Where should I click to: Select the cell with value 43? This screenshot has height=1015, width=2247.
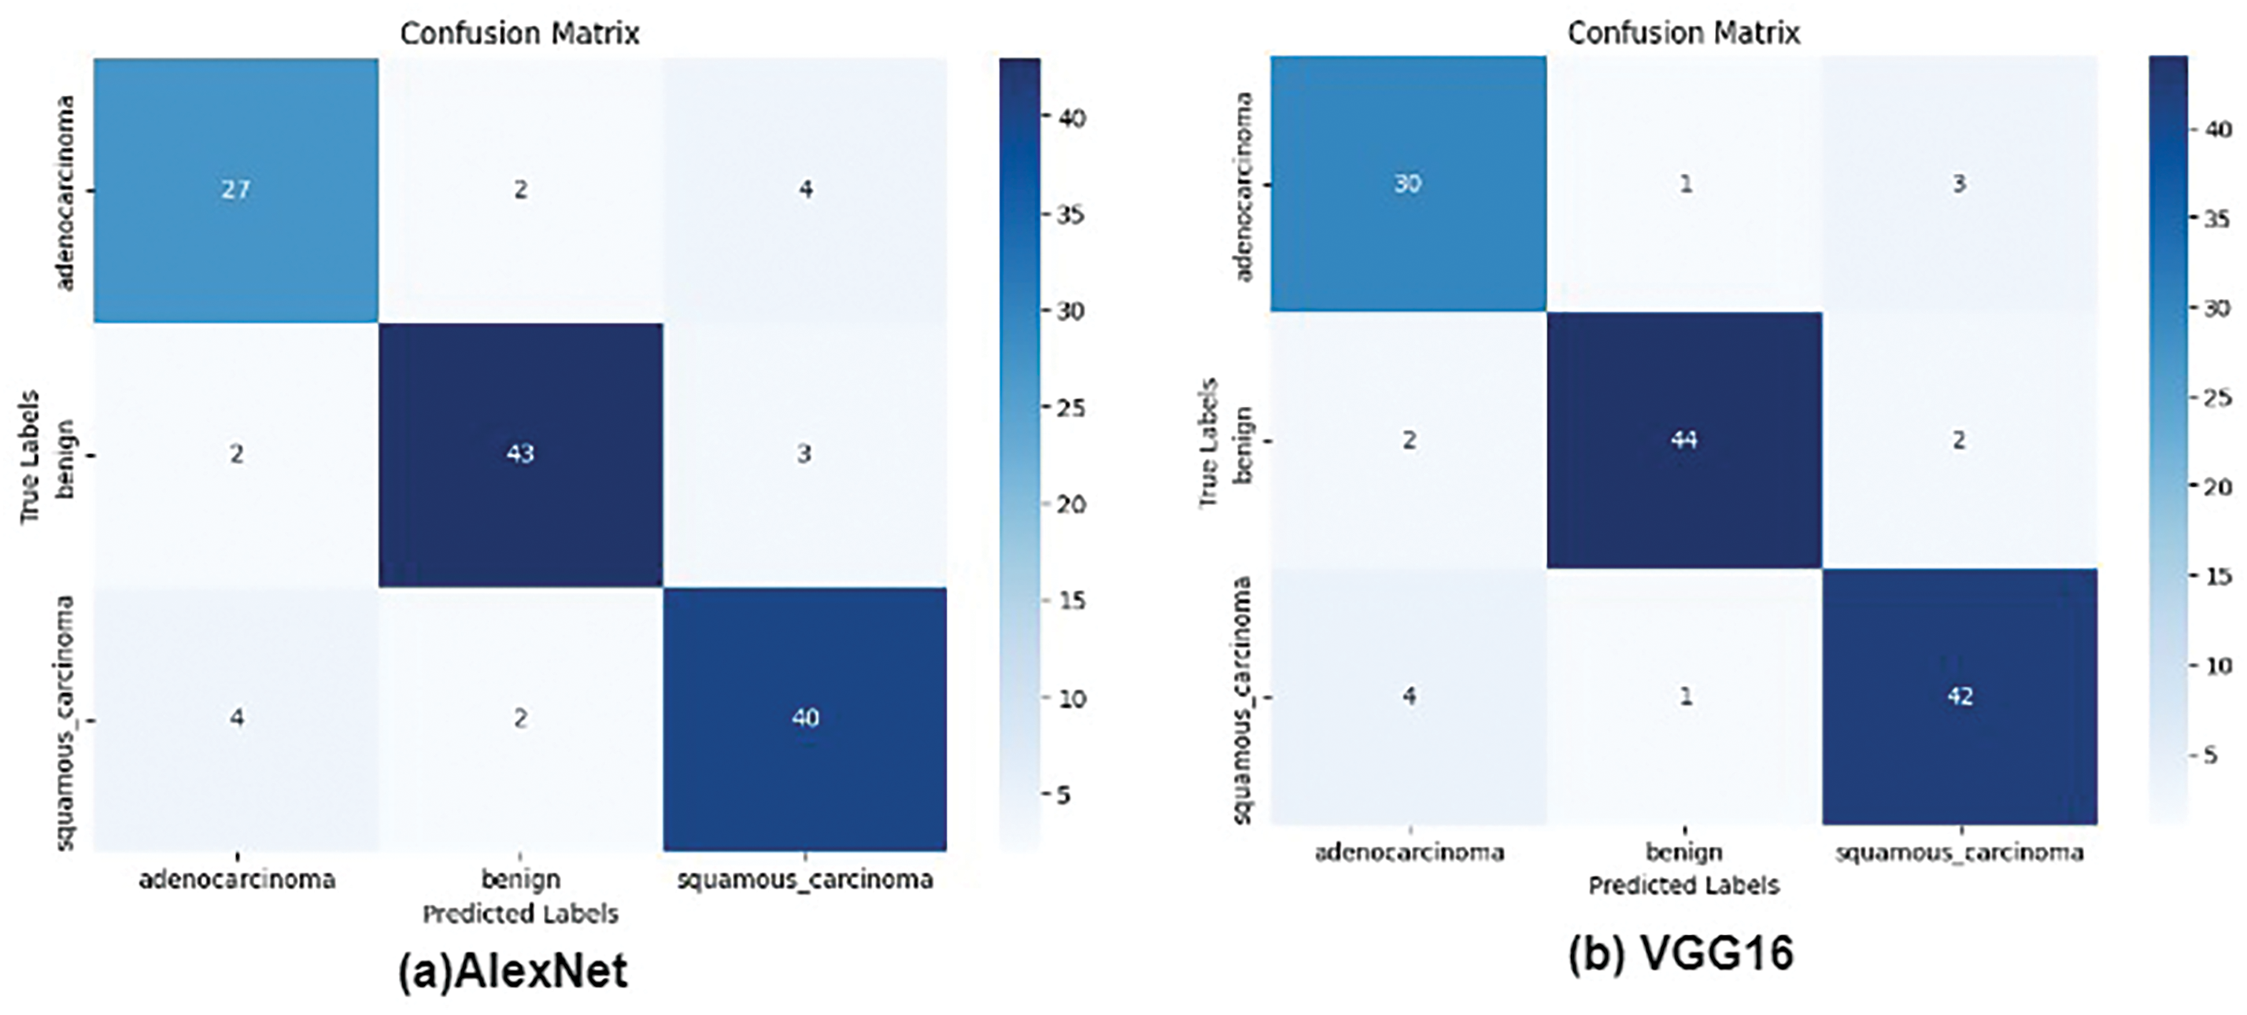520,454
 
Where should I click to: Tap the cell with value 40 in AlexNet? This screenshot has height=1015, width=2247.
804,718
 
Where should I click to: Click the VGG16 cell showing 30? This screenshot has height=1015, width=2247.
1407,184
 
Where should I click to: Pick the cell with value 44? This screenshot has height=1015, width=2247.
1683,441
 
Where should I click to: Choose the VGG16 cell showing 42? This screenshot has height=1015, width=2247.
1959,696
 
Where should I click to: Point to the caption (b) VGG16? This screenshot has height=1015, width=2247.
1681,953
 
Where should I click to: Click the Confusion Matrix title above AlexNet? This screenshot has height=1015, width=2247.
520,33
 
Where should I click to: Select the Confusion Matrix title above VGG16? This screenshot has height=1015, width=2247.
1683,33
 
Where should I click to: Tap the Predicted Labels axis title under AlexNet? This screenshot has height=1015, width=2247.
520,913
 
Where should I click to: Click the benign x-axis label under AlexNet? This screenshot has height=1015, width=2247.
520,879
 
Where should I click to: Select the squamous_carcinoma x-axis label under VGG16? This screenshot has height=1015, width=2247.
1959,852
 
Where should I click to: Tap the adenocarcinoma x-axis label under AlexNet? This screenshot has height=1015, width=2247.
236,879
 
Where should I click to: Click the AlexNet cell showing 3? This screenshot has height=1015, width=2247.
804,454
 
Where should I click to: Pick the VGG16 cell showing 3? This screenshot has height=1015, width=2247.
1959,184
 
